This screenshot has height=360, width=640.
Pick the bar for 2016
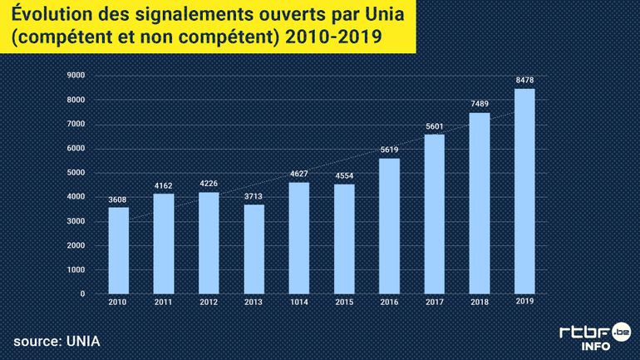point(389,225)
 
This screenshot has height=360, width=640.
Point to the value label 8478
point(524,80)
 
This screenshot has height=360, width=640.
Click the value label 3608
point(119,199)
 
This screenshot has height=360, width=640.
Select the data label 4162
point(164,185)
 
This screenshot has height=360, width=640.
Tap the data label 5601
point(435,126)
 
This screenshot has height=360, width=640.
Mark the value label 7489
point(480,104)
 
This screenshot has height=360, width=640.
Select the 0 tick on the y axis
point(82,293)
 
